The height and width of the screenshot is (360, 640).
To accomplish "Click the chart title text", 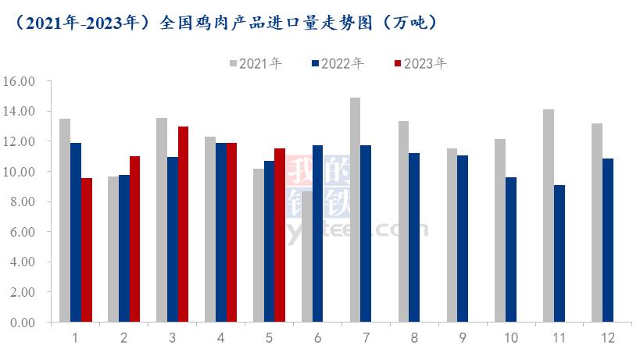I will click(x=227, y=23).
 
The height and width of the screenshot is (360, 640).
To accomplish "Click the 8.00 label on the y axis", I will click(x=23, y=201).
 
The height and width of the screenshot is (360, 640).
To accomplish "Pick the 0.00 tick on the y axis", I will click(x=23, y=322).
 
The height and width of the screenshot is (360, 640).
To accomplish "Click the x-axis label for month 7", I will click(x=366, y=338).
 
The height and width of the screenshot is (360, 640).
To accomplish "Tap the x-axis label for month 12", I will click(x=607, y=338).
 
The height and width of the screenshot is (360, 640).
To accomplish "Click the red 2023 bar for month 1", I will click(x=87, y=250).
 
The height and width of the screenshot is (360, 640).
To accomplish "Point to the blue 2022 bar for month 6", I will click(x=317, y=233).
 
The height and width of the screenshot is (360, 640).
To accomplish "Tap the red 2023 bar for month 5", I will click(x=280, y=235).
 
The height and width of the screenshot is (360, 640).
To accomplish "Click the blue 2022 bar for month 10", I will click(x=511, y=249).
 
